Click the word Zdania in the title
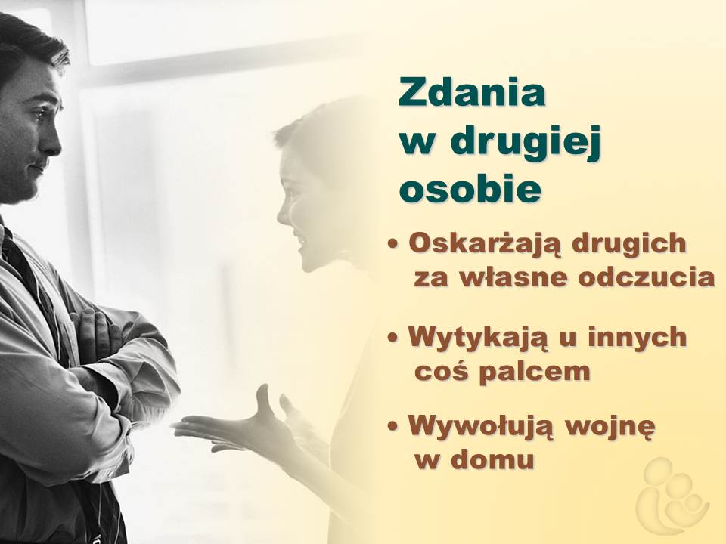point(472,92)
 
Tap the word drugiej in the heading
point(526,143)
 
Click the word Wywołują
point(481,426)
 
